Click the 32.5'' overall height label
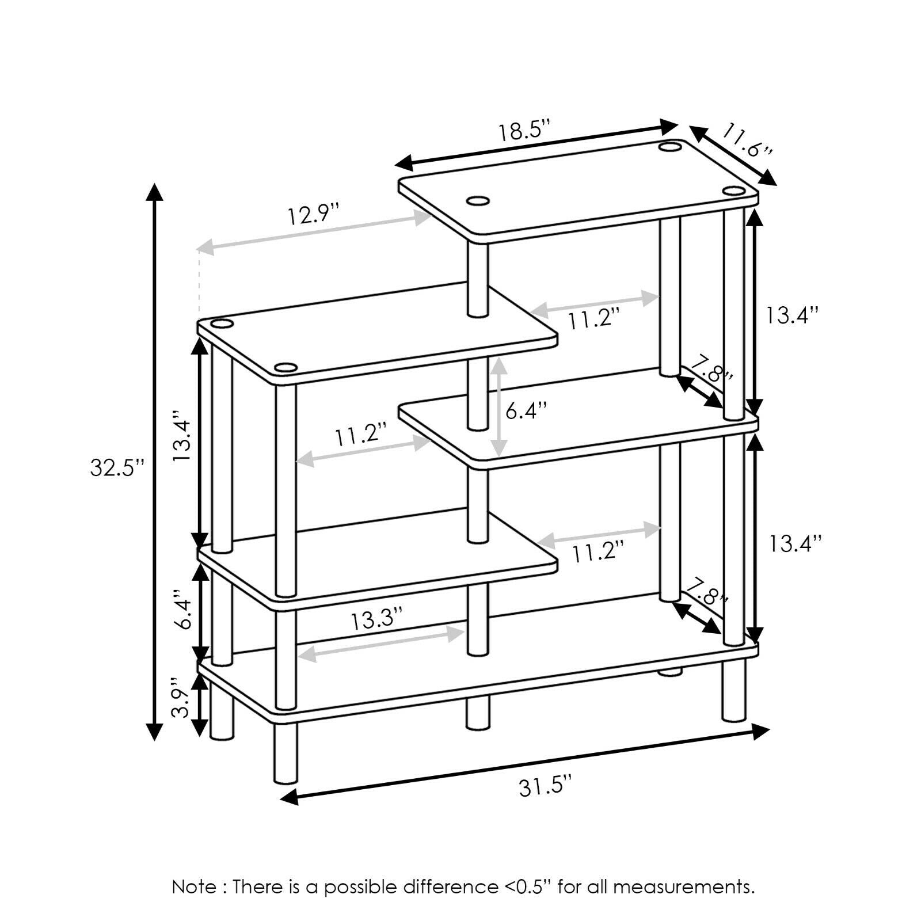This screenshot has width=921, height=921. tap(116, 467)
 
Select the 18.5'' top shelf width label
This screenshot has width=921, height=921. tap(524, 131)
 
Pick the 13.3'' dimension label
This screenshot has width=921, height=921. tap(376, 620)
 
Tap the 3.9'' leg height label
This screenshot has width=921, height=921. tap(180, 702)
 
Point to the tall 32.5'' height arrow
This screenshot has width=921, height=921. tap(153, 462)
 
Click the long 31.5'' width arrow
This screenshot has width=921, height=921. tap(524, 764)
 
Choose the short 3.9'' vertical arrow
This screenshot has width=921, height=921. tap(200, 705)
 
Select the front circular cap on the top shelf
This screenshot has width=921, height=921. tap(477, 201)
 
